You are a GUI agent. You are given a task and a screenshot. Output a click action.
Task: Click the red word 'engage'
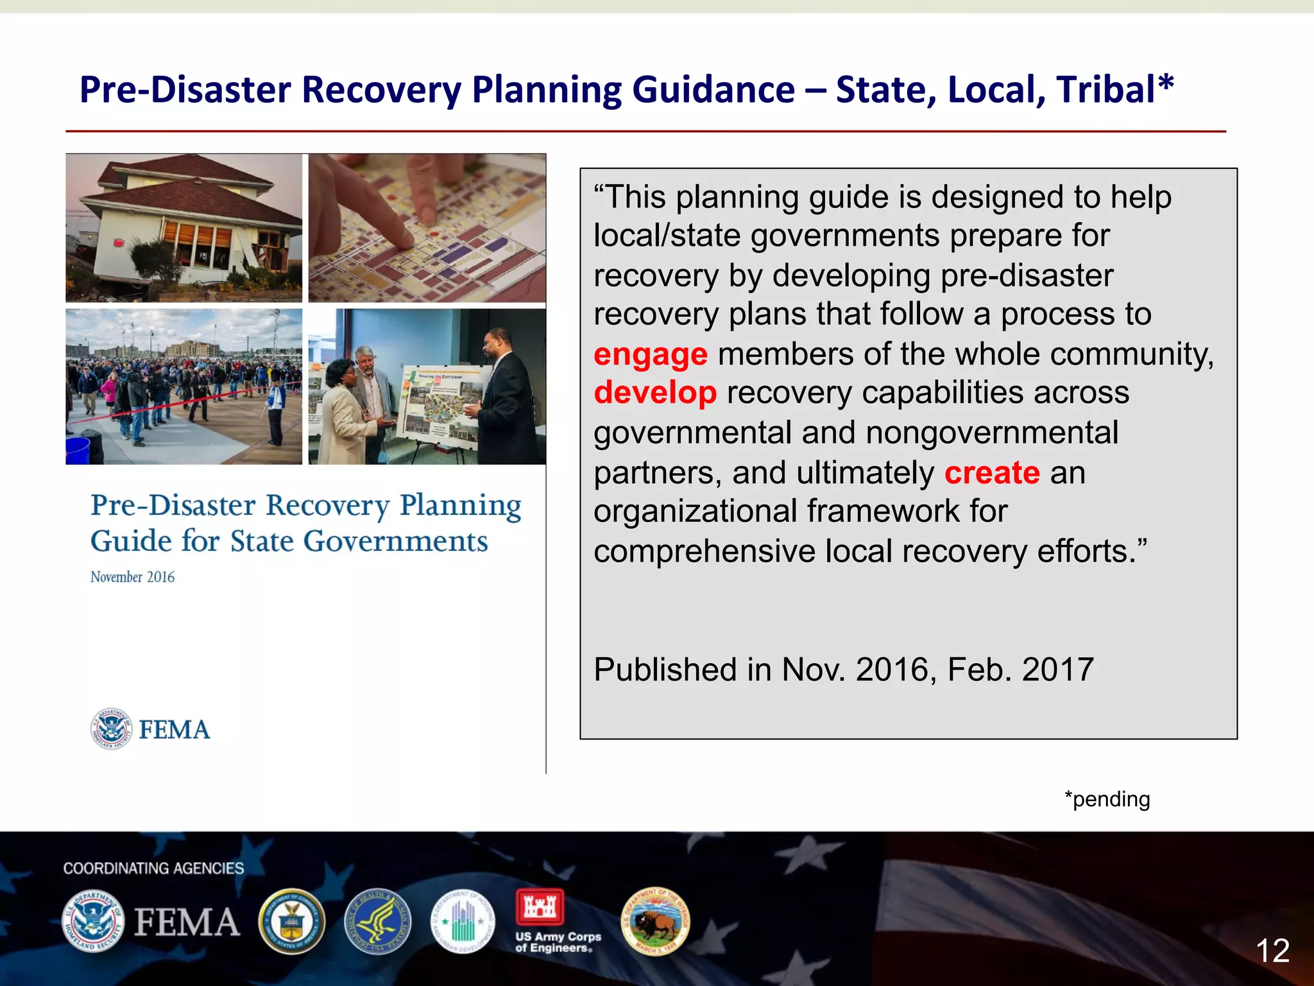(x=650, y=355)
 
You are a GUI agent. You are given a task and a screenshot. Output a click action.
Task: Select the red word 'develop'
(x=654, y=393)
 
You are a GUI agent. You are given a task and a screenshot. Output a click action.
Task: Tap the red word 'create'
(x=991, y=473)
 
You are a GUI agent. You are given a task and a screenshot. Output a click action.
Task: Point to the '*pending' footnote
(x=1107, y=799)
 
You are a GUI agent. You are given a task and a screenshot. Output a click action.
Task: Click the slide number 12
(x=1272, y=951)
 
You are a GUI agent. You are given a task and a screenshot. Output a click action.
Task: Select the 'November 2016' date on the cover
(x=132, y=577)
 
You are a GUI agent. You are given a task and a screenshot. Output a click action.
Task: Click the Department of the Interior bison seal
(x=655, y=922)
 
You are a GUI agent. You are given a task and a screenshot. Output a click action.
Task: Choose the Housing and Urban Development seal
(x=462, y=922)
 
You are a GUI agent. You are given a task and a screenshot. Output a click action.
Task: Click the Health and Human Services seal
(x=377, y=922)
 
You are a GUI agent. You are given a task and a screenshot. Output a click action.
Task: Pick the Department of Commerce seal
(x=292, y=922)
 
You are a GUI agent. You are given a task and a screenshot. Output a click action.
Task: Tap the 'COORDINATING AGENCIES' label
(x=153, y=869)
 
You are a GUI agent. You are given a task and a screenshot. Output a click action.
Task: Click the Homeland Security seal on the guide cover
(x=111, y=729)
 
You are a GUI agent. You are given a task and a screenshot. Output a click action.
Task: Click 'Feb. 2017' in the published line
(x=1020, y=670)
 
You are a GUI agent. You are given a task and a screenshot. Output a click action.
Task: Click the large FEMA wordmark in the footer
(x=187, y=922)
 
